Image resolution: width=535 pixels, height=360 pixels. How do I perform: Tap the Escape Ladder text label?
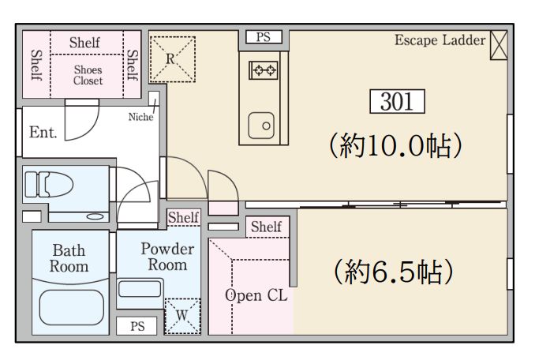pos(440,40)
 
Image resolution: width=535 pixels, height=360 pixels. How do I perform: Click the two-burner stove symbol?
pos(264,71)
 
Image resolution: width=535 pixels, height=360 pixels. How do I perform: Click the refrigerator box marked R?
pos(170,58)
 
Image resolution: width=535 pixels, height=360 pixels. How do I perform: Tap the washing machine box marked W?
pos(182,313)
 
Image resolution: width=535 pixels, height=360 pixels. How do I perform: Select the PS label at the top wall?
pos(262,37)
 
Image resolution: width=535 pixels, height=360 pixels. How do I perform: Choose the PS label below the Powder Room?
pos(137,326)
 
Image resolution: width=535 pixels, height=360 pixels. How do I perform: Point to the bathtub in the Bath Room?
pos(69,309)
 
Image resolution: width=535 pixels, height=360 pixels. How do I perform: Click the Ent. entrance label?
pos(43,133)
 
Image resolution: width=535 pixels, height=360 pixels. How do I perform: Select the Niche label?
pos(141,118)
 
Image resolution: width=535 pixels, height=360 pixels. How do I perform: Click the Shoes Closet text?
pos(88,75)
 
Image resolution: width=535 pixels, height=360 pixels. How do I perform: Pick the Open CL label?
pos(256,295)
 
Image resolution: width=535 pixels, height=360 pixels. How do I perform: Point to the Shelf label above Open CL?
pos(266,227)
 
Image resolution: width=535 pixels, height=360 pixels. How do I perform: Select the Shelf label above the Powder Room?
pos(183,217)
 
